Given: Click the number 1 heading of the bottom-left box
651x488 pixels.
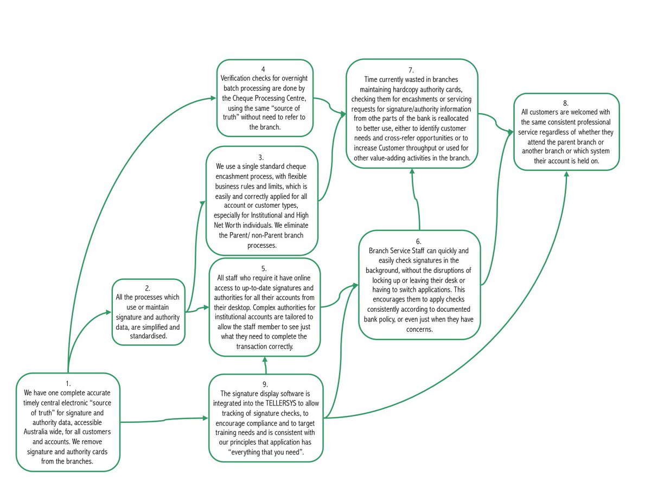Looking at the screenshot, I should click(68, 383).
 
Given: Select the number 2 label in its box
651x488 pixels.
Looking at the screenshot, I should click(148, 288).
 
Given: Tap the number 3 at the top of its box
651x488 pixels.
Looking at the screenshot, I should click(261, 157).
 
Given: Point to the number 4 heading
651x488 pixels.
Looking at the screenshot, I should click(263, 69).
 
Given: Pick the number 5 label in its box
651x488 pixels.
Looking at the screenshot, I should click(264, 268).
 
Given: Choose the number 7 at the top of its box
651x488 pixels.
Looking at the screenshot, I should click(411, 70).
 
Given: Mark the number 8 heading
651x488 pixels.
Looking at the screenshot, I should click(566, 103).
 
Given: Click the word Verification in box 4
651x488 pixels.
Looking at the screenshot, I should click(239, 79).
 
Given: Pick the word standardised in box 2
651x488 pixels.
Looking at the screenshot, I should click(147, 336).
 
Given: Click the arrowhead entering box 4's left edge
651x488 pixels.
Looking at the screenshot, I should click(214, 98).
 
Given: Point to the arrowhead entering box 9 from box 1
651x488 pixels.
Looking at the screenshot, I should click(205, 418).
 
